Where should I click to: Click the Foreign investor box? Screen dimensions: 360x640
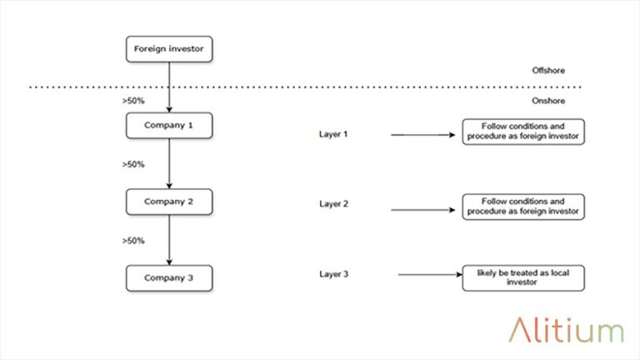point(169,49)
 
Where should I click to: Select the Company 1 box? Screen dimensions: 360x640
point(169,126)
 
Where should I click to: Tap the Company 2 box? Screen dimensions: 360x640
point(169,202)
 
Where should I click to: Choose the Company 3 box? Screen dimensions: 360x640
point(169,277)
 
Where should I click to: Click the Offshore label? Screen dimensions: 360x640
point(548,71)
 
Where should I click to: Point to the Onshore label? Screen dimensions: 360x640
point(548,101)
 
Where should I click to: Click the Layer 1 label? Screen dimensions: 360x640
point(335,133)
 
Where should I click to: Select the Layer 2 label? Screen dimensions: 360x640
point(335,203)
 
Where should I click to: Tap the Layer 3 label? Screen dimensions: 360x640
point(335,273)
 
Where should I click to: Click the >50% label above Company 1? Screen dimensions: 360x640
point(133,101)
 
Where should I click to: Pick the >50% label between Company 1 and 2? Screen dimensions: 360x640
point(133,164)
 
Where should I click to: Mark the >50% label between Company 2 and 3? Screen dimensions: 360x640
point(133,241)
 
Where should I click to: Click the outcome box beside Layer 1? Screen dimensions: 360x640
point(523,132)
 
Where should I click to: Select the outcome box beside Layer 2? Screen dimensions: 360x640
point(523,207)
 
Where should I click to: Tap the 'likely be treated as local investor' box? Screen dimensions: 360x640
point(523,277)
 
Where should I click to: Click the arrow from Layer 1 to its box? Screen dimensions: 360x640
point(425,134)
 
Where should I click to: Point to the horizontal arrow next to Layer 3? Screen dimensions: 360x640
point(429,274)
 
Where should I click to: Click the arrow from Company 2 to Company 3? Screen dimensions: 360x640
point(169,239)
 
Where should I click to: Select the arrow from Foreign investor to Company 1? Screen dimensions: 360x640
point(169,87)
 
